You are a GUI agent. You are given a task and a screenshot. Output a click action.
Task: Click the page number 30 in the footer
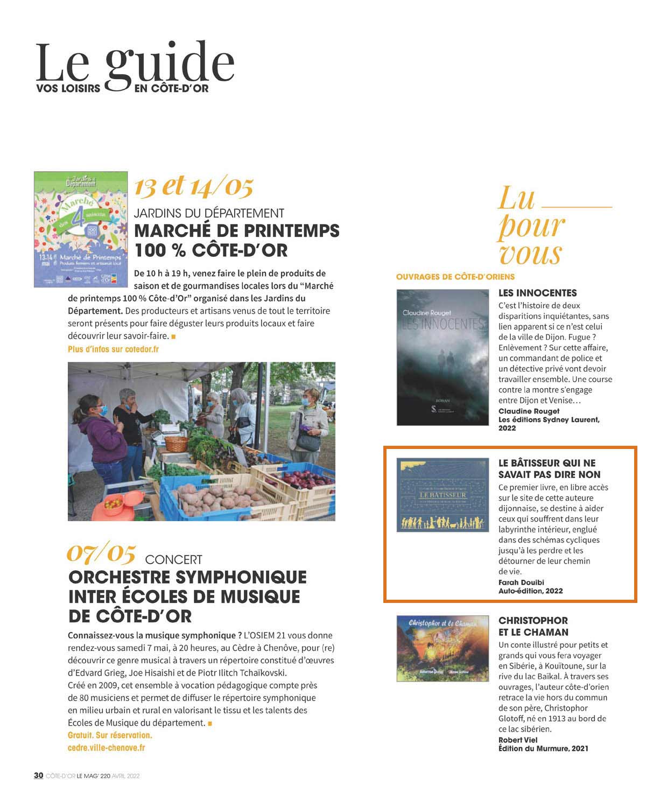coord(38,775)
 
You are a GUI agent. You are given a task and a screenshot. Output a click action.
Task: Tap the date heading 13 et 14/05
coord(193,186)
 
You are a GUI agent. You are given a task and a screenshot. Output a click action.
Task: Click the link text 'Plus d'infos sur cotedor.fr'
coord(113,349)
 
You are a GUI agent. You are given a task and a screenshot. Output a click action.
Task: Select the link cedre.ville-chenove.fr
coord(106,748)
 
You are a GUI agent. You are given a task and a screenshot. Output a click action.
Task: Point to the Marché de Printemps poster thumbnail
coord(81,229)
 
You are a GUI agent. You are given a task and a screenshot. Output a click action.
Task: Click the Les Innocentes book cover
coord(443,357)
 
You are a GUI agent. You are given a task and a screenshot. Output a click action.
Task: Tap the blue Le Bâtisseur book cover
coord(443,495)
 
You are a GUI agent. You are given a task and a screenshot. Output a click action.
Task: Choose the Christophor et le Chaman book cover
coord(443,648)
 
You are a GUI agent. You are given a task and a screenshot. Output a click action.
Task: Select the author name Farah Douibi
coord(521,583)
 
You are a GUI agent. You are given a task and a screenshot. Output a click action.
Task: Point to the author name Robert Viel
coord(518,740)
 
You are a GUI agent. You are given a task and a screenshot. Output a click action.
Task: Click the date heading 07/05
coord(101,553)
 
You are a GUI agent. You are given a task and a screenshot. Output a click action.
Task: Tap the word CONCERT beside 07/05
coord(173,560)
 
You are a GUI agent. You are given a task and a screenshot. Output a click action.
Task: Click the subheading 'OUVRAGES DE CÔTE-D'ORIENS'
coord(455,277)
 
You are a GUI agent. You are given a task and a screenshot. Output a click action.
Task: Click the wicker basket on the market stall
coord(176,444)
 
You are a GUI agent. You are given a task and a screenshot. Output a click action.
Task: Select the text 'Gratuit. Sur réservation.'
coord(110,735)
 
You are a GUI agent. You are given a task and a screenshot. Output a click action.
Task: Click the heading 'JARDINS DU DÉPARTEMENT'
coord(209,213)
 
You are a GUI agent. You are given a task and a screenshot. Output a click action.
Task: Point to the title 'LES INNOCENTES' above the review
coord(537,293)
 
